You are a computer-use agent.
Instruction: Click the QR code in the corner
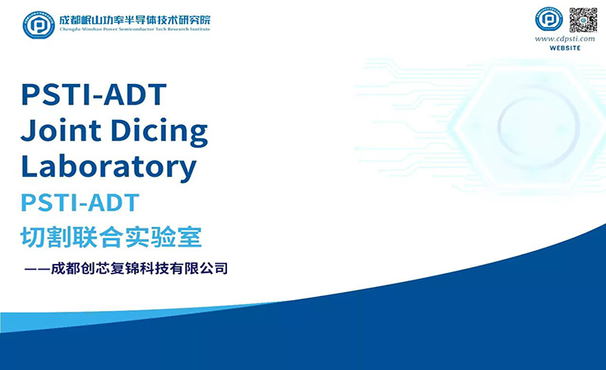tap(583, 20)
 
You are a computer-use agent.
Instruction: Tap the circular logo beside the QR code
tap(548, 20)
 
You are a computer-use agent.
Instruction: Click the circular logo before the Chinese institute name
tap(39, 25)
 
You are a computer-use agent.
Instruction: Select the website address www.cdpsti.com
tap(565, 39)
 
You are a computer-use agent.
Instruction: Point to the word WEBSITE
tap(565, 48)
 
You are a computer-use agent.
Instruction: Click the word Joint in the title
tap(61, 130)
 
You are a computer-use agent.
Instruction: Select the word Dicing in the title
tap(160, 132)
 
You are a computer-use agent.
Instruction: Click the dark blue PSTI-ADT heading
tap(94, 95)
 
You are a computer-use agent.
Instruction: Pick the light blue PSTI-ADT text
tap(80, 202)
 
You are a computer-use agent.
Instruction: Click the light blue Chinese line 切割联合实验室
tap(111, 237)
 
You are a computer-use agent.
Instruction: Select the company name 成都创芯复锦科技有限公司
tap(140, 268)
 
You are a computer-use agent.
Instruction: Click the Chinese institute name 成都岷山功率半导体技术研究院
tap(136, 20)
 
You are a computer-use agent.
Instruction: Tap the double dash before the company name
tap(37, 269)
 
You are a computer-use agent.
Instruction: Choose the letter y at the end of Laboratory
tap(187, 170)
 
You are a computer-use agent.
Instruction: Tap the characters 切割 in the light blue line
tap(46, 237)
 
